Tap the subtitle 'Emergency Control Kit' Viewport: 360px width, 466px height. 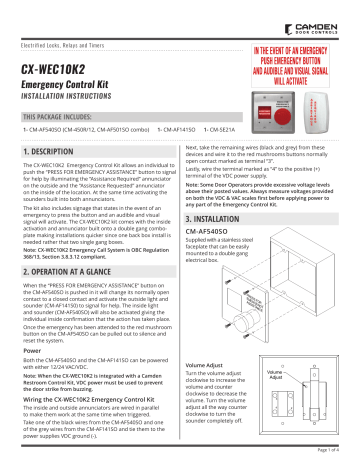65,90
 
